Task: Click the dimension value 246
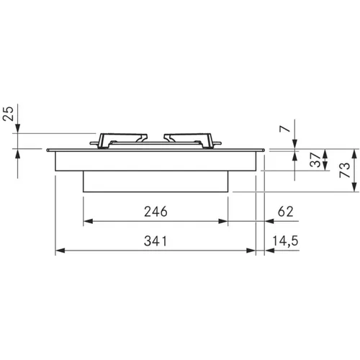click(156, 212)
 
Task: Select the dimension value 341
click(156, 241)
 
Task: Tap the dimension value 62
click(285, 212)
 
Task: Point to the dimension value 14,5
click(285, 241)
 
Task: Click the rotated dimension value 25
click(8, 114)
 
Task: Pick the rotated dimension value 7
click(284, 129)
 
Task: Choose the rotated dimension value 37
click(315, 160)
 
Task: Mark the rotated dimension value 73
click(345, 170)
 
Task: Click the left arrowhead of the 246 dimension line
click(88, 221)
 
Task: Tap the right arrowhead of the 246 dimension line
click(223, 221)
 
